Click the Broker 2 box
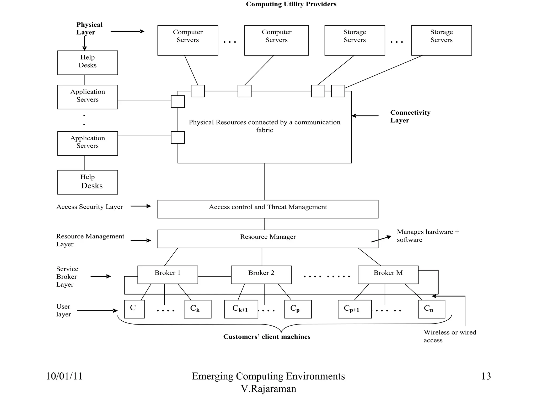pos(261,275)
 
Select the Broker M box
pos(388,275)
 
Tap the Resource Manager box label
pos(268,237)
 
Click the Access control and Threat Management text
pos(268,207)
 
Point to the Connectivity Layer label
pos(410,116)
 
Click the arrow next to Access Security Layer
pos(141,206)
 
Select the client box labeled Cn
pos(431,309)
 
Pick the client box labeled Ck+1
pos(241,309)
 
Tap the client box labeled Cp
pos(298,309)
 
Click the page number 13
pos(486,376)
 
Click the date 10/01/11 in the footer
pos(64,376)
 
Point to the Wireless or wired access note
pos(449,336)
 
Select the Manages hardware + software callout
pos(427,236)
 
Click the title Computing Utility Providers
pos(291,4)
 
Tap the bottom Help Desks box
pos(88,182)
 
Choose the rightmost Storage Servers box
pos(441,40)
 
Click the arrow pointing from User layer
pos(97,311)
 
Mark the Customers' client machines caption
pos(267,337)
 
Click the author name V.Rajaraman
pos(268,389)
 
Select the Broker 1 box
pos(168,275)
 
